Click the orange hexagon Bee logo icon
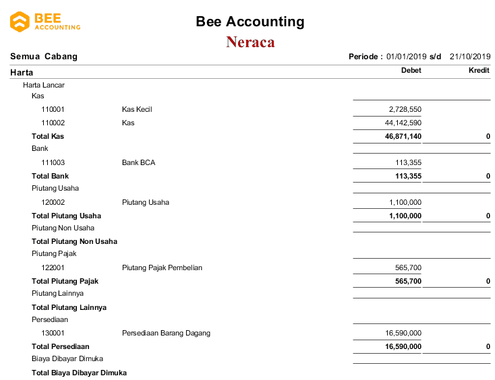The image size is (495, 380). point(20,22)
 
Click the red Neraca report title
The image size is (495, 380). point(250,42)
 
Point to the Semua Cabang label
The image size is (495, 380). point(44,57)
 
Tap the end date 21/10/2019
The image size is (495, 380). point(470,57)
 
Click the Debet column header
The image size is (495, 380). point(411,71)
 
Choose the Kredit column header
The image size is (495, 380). point(479,71)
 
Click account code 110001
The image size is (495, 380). point(53,109)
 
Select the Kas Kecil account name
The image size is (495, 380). point(137,109)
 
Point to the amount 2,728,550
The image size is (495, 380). point(405,109)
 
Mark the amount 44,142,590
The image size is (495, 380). point(403,123)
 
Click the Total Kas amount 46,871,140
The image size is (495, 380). point(403,136)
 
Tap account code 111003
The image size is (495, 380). point(53,162)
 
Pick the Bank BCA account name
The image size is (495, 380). point(139,162)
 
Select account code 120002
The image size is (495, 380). point(53,202)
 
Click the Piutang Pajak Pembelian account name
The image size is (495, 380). point(162,268)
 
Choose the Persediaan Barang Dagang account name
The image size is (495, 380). point(166,334)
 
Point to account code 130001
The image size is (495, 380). point(53,334)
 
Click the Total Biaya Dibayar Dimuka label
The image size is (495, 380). point(79,373)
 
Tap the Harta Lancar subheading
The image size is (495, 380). point(44,86)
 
